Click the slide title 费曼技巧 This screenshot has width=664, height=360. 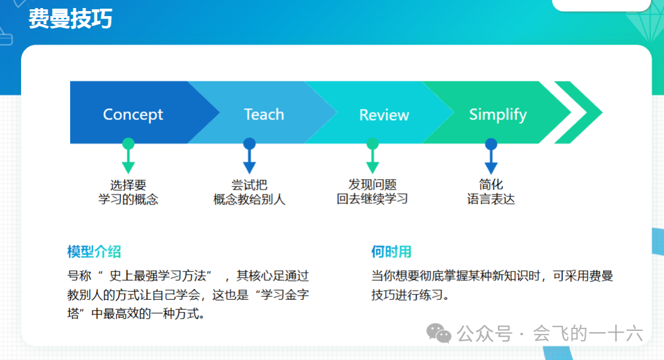click(70, 19)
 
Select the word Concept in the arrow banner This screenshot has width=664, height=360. click(133, 115)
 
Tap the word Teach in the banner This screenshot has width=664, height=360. click(264, 115)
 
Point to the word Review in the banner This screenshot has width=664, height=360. click(384, 115)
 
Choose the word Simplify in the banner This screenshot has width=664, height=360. click(497, 115)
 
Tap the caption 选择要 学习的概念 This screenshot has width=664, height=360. click(128, 192)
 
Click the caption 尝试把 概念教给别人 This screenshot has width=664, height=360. click(249, 192)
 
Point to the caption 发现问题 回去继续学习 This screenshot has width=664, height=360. click(372, 192)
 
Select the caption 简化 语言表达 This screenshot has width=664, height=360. click(491, 192)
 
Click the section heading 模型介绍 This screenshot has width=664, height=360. click(94, 252)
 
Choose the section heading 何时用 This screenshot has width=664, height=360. click(391, 252)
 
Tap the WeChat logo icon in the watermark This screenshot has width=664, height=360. click(442, 335)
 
